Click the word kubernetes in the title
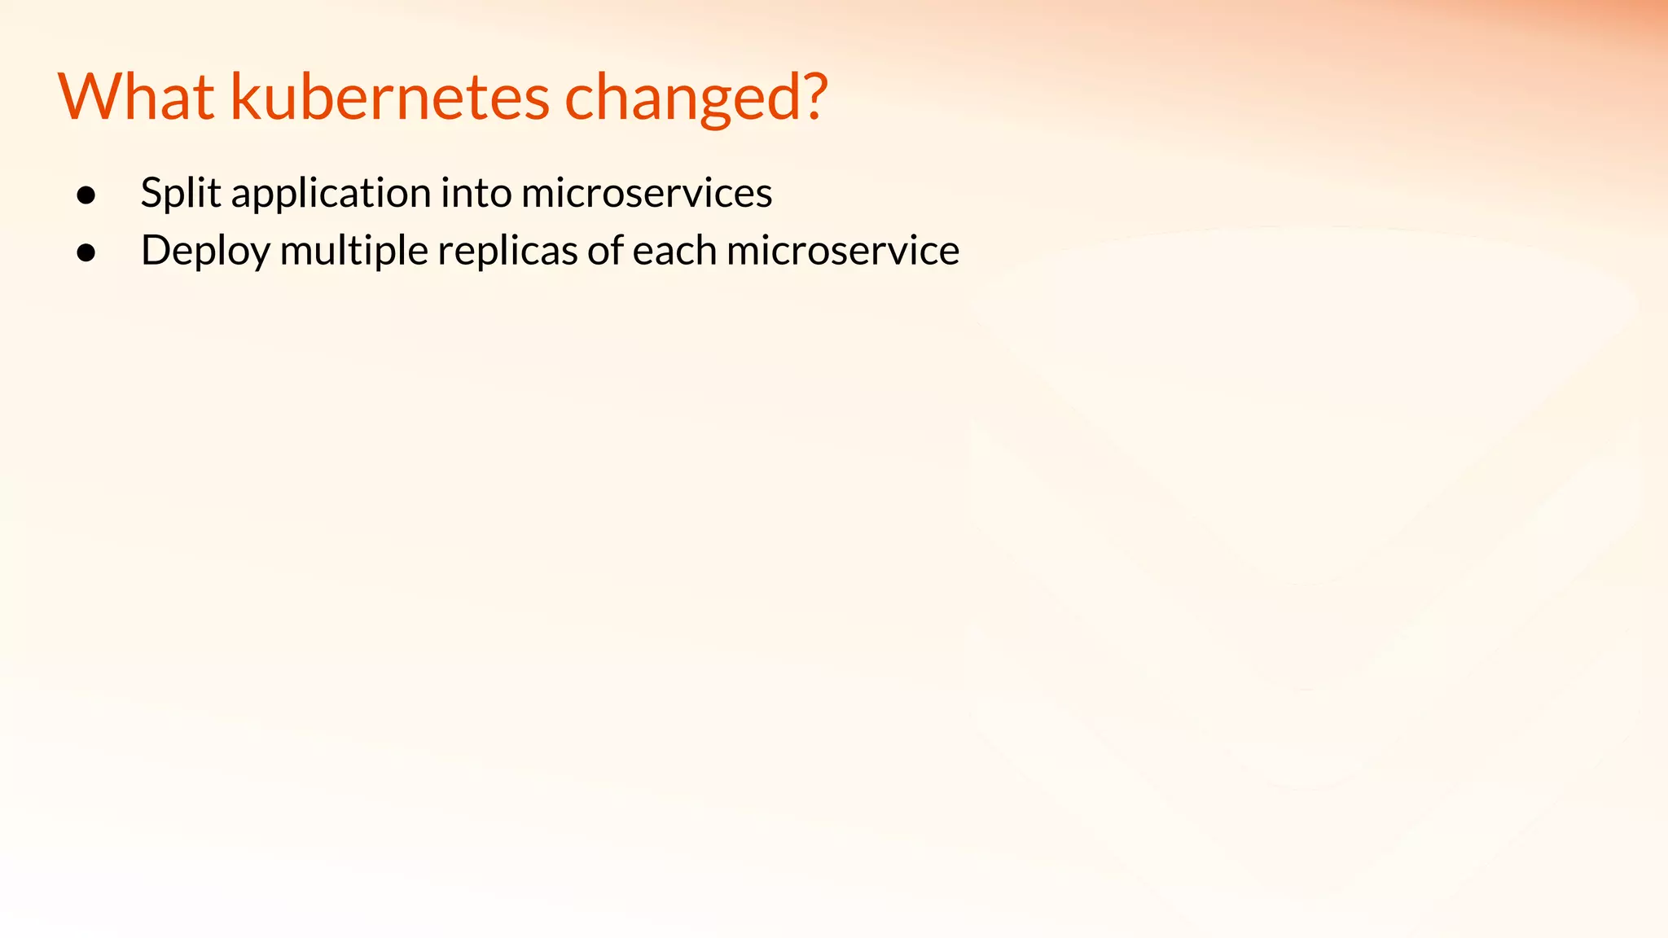pos(390,98)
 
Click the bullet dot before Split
pos(86,195)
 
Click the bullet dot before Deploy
pos(86,252)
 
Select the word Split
pos(180,194)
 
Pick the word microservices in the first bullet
pos(646,194)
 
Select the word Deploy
pos(204,252)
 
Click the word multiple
pos(353,252)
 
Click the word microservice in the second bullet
pos(842,251)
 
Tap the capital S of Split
pos(151,194)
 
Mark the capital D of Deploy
pos(156,250)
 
